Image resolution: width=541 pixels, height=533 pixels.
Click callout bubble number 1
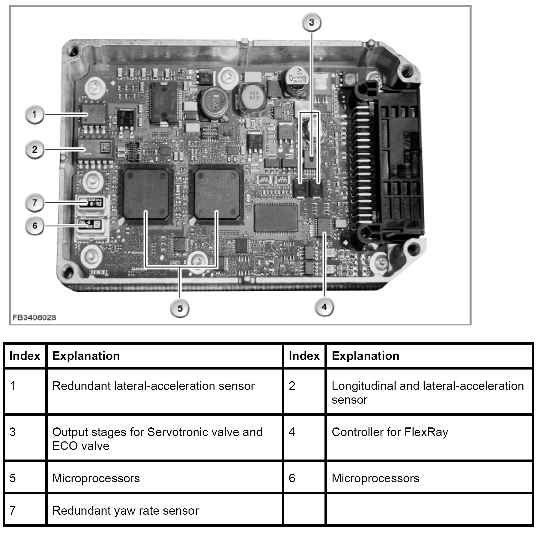tap(34, 114)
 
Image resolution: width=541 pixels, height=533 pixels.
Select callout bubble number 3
tap(311, 22)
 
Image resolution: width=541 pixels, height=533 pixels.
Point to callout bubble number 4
tap(324, 307)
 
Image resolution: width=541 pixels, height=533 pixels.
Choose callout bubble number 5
tap(180, 308)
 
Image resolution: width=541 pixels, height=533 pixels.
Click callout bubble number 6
tap(34, 226)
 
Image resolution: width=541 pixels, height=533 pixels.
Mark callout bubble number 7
tap(34, 203)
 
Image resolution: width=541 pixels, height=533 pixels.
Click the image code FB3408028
tap(34, 317)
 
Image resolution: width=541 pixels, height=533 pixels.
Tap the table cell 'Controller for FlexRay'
tap(390, 432)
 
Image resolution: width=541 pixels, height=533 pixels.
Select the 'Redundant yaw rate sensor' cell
tap(125, 511)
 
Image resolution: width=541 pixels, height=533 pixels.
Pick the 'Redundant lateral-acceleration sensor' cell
tap(153, 386)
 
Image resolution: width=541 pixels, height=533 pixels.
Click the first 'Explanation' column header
tap(86, 356)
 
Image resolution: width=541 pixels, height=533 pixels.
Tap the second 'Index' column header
tap(304, 356)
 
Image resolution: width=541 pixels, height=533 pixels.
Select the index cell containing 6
tap(304, 478)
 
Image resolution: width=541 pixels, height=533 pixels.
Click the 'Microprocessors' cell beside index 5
tap(96, 478)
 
